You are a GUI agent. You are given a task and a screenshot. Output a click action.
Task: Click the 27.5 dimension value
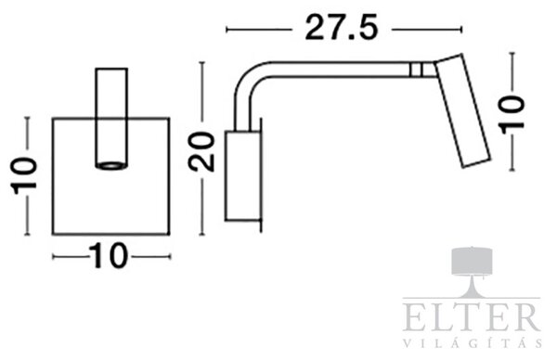click(x=342, y=28)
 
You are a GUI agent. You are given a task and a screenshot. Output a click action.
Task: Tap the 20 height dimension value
click(x=201, y=151)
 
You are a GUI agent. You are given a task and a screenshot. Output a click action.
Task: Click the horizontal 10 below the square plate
click(x=108, y=256)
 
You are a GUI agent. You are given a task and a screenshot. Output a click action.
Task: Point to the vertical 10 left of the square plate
click(x=25, y=175)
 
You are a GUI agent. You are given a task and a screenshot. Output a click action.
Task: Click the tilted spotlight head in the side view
click(x=463, y=110)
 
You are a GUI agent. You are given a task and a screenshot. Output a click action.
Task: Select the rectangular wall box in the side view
click(x=242, y=175)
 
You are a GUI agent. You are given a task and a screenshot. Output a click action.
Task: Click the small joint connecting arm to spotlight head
click(x=422, y=70)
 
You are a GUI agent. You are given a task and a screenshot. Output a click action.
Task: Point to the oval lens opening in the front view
click(x=111, y=165)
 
